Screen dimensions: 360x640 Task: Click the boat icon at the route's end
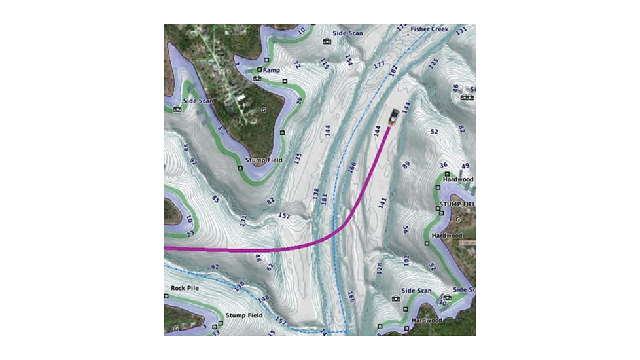tap(393, 117)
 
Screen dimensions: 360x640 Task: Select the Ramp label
tap(271, 69)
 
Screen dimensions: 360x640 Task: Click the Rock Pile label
tap(185, 287)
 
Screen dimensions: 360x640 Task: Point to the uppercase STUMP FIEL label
tap(456, 205)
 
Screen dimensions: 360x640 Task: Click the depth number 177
tap(378, 65)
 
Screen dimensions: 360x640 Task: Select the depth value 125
tap(433, 63)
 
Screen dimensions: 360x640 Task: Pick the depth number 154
tap(349, 60)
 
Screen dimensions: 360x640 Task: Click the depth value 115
tap(325, 63)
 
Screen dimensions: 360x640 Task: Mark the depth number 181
tap(325, 198)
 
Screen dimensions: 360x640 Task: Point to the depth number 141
tap(383, 202)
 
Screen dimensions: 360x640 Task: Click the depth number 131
tap(243, 221)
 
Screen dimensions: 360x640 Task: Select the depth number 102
tap(406, 260)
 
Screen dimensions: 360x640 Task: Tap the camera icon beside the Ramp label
tap(257, 78)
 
